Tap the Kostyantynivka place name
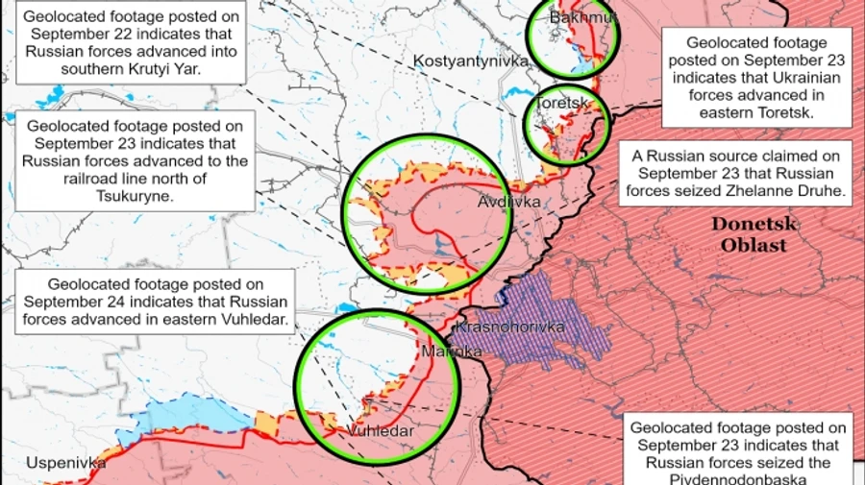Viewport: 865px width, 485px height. tap(471, 61)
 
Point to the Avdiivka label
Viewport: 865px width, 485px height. tap(509, 202)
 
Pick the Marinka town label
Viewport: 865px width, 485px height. tap(452, 352)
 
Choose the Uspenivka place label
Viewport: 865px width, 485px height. tap(65, 463)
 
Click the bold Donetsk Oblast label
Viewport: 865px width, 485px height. tap(749, 233)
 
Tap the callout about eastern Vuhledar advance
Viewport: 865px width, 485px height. tap(156, 302)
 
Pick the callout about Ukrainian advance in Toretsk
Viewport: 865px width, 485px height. tap(756, 78)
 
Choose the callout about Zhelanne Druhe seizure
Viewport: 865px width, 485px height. tap(736, 174)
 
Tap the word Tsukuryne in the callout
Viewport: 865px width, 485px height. tap(137, 196)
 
